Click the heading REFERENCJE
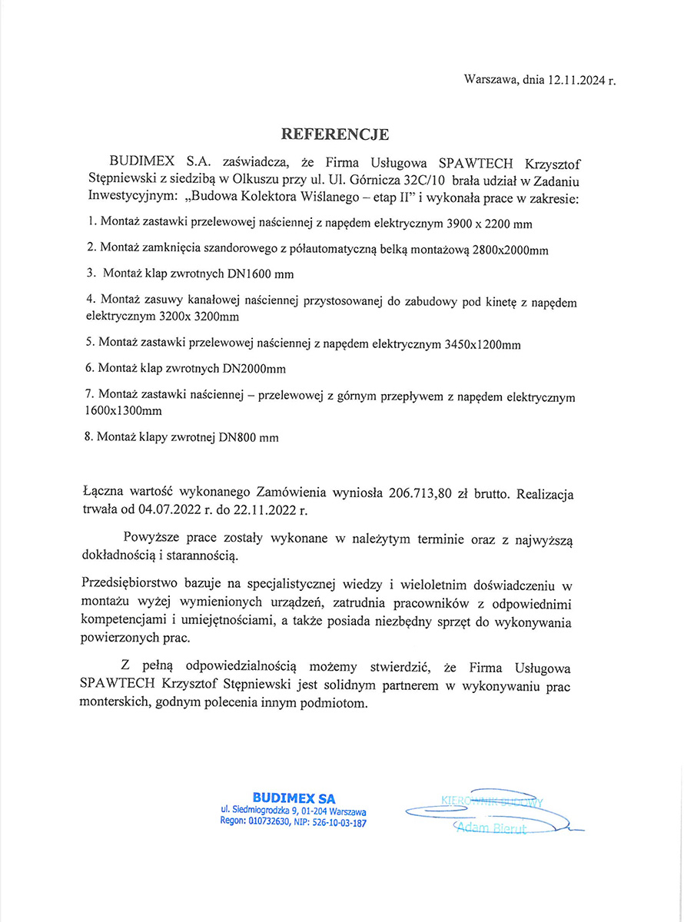(336, 134)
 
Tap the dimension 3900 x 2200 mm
(489, 223)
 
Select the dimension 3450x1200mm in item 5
(483, 345)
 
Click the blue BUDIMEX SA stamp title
(294, 798)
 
